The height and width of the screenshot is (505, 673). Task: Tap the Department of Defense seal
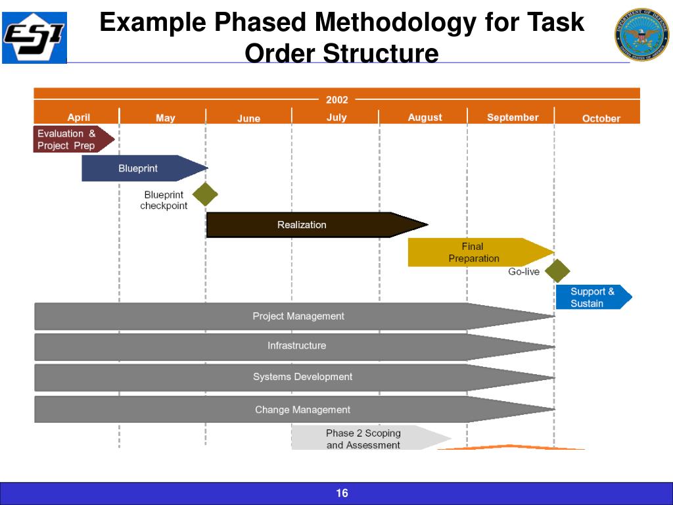pos(641,35)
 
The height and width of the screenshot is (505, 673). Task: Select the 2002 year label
pos(336,100)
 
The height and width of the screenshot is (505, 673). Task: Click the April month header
pos(79,118)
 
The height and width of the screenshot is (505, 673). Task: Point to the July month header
pos(336,118)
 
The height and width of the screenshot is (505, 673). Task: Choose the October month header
pos(601,118)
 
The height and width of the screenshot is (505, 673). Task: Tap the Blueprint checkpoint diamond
pos(205,195)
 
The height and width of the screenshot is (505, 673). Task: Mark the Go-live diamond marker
pos(558,271)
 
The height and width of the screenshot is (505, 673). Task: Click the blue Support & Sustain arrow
pos(592,297)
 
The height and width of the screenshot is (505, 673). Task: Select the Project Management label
pos(298,316)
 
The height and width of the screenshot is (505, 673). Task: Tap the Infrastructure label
pos(296,346)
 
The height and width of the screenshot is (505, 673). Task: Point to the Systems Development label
pos(302,377)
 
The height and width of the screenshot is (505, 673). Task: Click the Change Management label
pos(302,410)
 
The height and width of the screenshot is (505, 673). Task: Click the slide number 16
pos(342,493)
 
